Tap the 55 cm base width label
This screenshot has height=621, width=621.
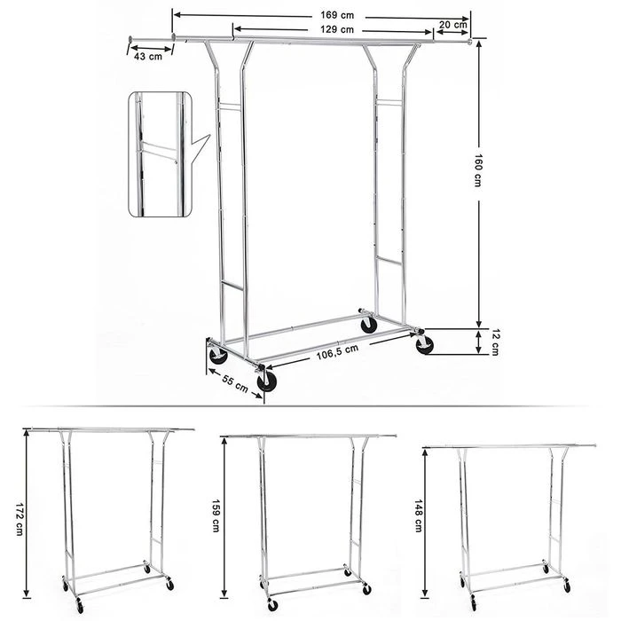[234, 384]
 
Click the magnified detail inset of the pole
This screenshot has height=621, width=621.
[161, 153]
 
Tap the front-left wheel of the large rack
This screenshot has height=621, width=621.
[217, 356]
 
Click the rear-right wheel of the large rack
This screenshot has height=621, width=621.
[368, 325]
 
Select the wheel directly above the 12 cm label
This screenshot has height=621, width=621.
[424, 345]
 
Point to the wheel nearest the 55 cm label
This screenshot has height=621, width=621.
[266, 381]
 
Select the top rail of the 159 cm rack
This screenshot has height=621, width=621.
[309, 436]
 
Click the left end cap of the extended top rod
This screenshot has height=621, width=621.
[130, 38]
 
